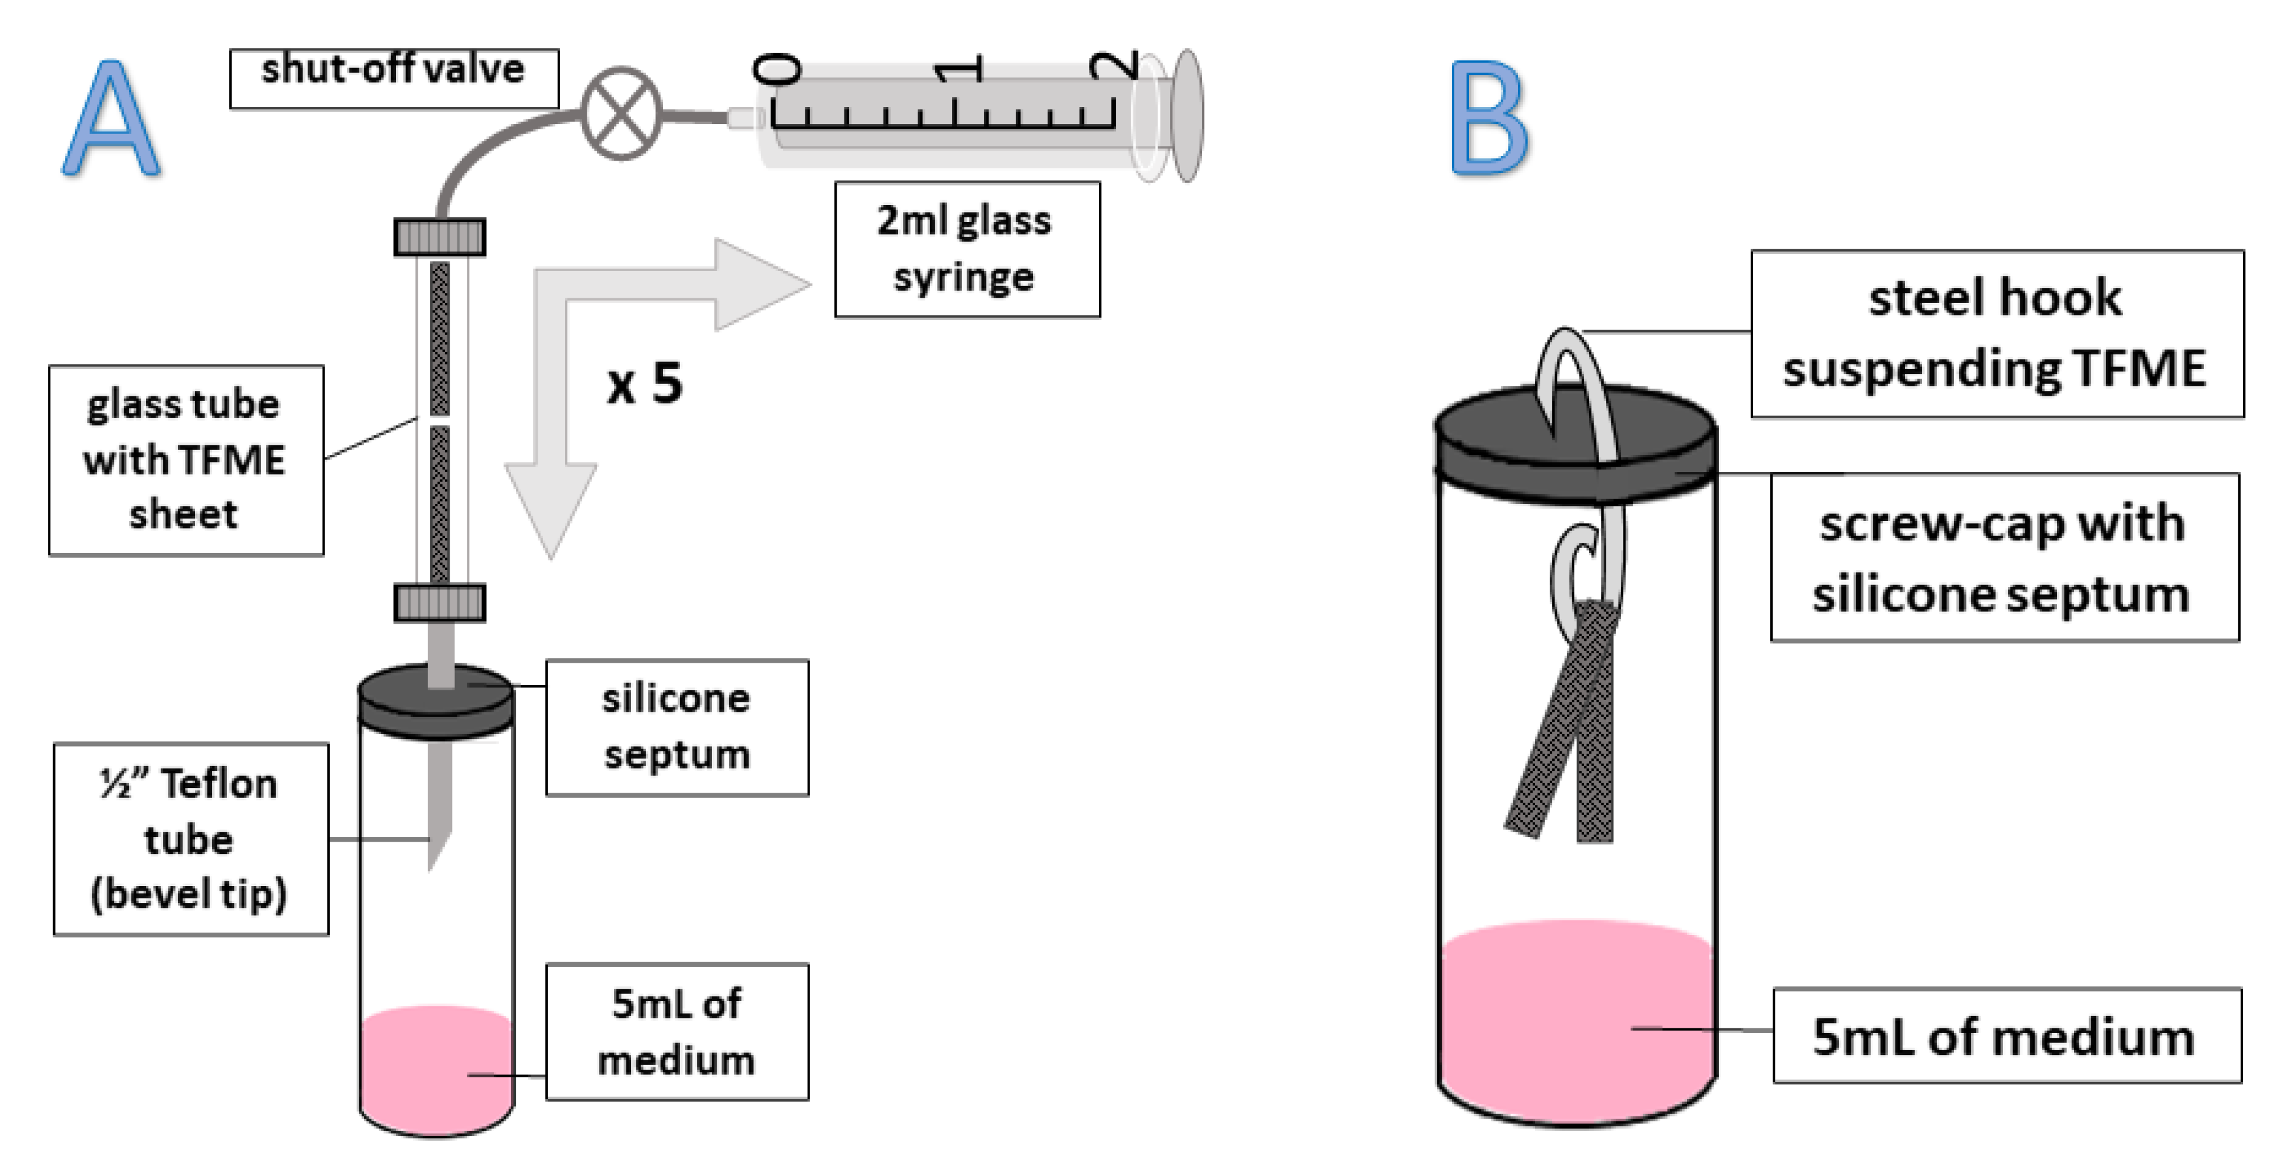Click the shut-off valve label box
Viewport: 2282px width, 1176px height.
(x=394, y=78)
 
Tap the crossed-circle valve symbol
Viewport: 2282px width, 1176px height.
(x=622, y=113)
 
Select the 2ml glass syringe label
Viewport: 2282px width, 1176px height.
(x=967, y=249)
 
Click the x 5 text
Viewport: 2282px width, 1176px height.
(x=644, y=385)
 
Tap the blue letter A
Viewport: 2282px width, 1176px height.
(x=112, y=119)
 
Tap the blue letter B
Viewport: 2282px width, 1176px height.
(x=1488, y=119)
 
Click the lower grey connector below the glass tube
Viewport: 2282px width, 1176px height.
(x=440, y=602)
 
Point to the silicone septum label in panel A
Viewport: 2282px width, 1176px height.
(x=677, y=727)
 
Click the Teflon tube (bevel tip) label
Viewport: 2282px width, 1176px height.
(x=190, y=839)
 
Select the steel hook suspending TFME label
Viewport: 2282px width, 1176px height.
(x=1997, y=333)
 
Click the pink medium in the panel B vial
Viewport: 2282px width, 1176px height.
(x=1575, y=1018)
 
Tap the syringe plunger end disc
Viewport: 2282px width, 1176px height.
(x=1187, y=115)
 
